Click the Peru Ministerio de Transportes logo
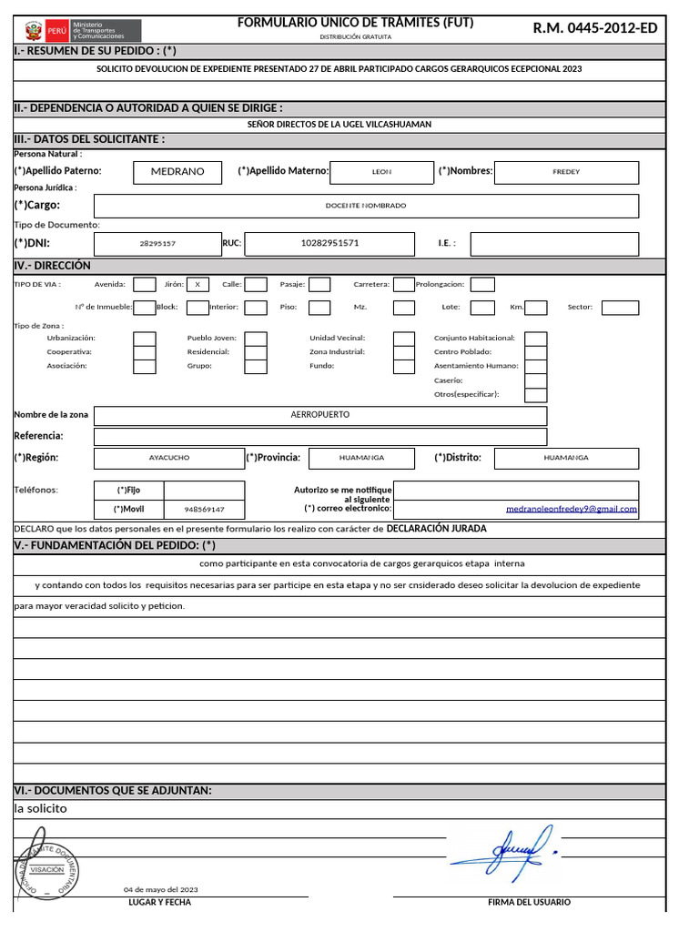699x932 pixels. point(82,30)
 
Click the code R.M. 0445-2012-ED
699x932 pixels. point(594,28)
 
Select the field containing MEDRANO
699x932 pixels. point(177,171)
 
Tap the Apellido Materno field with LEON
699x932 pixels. point(381,171)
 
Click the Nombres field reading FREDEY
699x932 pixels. point(565,171)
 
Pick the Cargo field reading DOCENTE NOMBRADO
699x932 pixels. point(366,206)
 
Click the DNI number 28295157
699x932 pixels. point(157,244)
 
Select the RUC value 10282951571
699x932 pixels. point(329,243)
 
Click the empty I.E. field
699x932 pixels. point(554,244)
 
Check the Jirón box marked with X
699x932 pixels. point(198,284)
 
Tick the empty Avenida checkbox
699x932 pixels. point(144,284)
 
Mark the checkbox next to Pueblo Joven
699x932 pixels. point(256,339)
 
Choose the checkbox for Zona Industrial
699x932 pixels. point(404,352)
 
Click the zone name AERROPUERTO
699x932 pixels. point(319,415)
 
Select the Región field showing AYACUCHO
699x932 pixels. point(169,458)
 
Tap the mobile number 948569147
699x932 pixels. point(204,510)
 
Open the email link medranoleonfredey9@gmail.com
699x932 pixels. point(571,510)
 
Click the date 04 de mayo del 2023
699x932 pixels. point(161,889)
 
